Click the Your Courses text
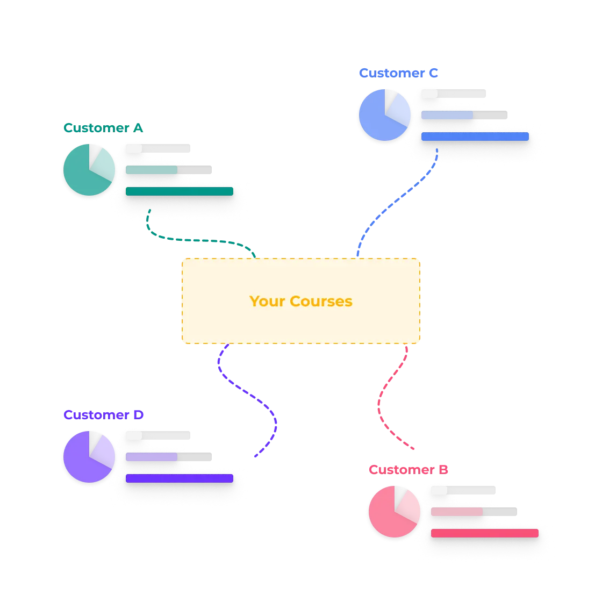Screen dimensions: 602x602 pyautogui.click(x=301, y=301)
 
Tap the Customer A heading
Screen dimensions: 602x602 pyautogui.click(x=103, y=128)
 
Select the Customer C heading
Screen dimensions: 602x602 pyautogui.click(x=398, y=73)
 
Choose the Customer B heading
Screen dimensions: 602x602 pyautogui.click(x=408, y=470)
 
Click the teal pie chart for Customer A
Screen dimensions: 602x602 pyautogui.click(x=89, y=170)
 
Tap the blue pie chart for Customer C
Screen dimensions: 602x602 pyautogui.click(x=384, y=115)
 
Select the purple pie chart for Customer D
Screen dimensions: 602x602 pyautogui.click(x=89, y=457)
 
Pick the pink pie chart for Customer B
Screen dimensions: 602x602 pyautogui.click(x=394, y=512)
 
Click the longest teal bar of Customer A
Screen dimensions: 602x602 pyautogui.click(x=180, y=191)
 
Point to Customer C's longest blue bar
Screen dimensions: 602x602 pyautogui.click(x=475, y=137)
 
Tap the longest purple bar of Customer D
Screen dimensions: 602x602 pyautogui.click(x=180, y=478)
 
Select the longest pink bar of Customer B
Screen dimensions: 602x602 pyautogui.click(x=485, y=533)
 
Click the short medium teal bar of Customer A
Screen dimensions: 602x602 pyautogui.click(x=152, y=170)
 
